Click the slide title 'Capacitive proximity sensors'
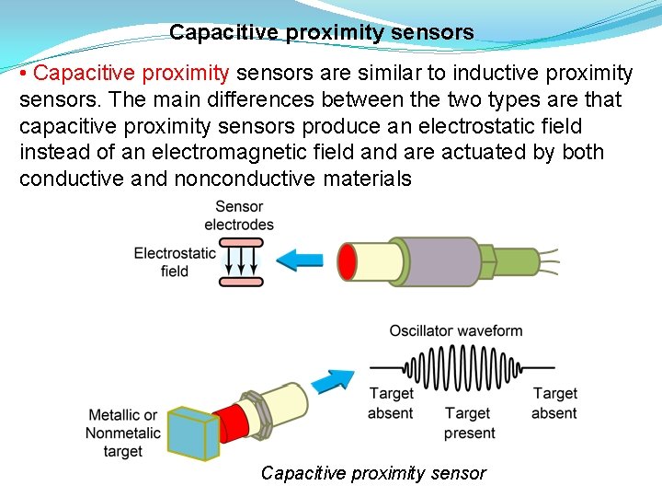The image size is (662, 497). pyautogui.click(x=321, y=33)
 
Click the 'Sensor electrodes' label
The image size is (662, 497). pyautogui.click(x=239, y=215)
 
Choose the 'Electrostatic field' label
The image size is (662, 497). pyautogui.click(x=175, y=261)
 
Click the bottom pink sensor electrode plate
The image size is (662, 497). pyautogui.click(x=241, y=281)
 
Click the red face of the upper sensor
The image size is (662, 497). pyautogui.click(x=348, y=260)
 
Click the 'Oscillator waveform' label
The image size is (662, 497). pyautogui.click(x=456, y=330)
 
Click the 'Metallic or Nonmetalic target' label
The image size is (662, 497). pyautogui.click(x=122, y=433)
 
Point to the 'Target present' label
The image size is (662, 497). pyautogui.click(x=469, y=423)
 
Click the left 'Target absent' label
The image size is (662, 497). pyautogui.click(x=391, y=403)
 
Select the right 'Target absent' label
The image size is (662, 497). pyautogui.click(x=554, y=403)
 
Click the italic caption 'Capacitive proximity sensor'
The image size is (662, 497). pyautogui.click(x=373, y=473)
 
